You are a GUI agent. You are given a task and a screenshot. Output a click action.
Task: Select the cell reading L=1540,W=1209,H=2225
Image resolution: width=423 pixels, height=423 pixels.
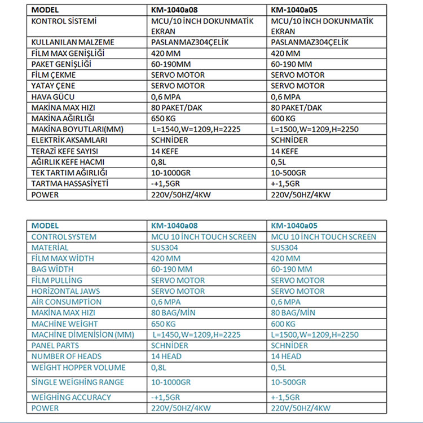197,129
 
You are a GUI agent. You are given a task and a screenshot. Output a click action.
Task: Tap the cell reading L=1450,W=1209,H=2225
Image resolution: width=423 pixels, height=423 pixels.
197,334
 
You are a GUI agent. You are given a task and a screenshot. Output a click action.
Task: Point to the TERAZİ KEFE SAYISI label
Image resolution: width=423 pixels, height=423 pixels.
67,151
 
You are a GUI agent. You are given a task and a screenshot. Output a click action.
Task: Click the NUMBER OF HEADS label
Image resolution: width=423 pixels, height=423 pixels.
67,356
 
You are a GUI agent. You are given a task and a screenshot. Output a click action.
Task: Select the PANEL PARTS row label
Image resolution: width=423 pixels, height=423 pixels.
55,345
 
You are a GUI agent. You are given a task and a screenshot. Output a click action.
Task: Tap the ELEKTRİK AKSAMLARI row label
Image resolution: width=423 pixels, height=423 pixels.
67,140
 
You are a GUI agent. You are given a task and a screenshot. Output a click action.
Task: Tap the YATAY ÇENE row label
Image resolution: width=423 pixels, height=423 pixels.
54,86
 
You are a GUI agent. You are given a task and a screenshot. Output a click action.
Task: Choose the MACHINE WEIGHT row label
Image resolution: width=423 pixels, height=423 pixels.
64,324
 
